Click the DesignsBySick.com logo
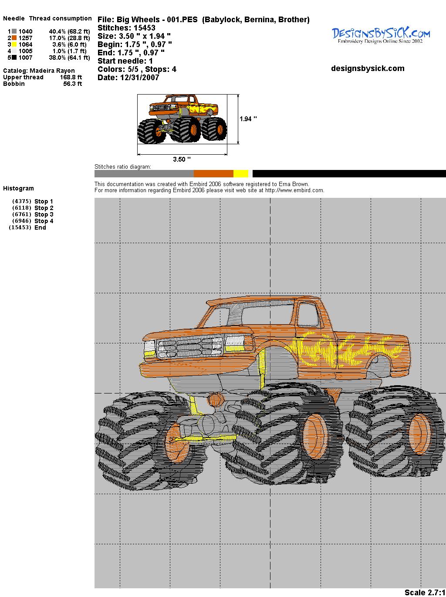tap(381, 35)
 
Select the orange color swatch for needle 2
tap(14, 38)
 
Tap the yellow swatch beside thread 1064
tap(14, 44)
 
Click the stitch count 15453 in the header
tap(144, 28)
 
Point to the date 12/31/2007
tap(140, 78)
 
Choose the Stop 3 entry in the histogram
tap(44, 214)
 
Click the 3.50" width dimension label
tap(182, 159)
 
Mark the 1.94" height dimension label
tap(248, 119)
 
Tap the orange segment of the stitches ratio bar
tap(213, 173)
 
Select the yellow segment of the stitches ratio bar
tap(241, 173)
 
